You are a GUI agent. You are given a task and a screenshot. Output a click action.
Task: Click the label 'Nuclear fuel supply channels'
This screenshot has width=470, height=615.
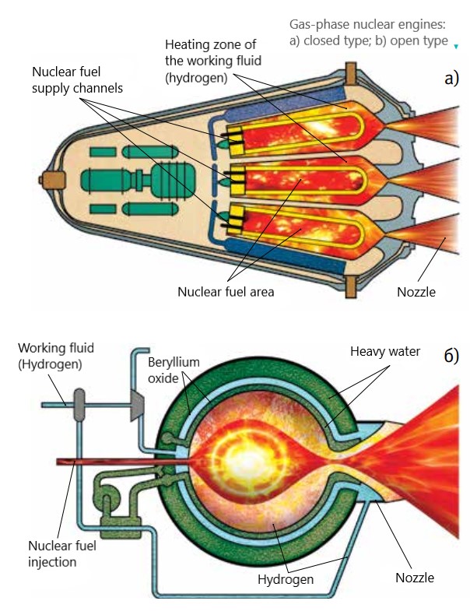(x=77, y=80)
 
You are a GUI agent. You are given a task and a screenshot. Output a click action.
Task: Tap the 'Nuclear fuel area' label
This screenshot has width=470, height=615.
(x=226, y=292)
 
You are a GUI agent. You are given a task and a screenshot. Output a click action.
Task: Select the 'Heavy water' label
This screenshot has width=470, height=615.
(x=385, y=351)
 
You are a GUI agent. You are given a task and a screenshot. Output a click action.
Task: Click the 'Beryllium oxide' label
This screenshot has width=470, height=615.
(x=174, y=370)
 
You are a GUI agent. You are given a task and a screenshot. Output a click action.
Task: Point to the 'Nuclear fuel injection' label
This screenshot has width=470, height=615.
(x=62, y=553)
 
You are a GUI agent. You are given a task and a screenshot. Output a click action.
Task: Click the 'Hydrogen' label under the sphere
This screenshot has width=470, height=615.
(x=286, y=579)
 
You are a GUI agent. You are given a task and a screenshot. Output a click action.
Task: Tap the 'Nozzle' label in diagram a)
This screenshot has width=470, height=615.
(x=416, y=292)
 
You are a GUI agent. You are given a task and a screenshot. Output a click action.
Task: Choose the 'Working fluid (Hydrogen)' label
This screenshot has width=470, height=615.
(x=56, y=356)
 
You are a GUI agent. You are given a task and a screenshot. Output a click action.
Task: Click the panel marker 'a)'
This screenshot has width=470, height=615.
(x=451, y=79)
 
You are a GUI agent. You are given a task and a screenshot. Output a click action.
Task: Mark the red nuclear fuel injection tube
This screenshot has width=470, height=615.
(x=122, y=462)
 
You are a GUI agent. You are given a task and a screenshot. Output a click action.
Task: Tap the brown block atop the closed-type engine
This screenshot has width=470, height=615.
(x=350, y=73)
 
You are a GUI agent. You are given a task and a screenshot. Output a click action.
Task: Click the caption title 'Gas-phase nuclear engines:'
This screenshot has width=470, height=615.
(x=367, y=24)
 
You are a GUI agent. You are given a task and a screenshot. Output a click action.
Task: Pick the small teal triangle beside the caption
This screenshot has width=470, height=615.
(x=456, y=46)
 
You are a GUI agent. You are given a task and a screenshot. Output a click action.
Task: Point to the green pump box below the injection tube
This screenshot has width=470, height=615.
(x=121, y=527)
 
